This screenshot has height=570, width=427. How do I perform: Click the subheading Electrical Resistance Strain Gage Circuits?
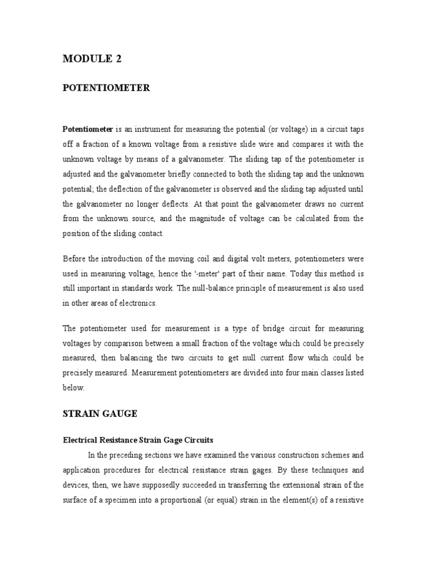click(137, 440)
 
